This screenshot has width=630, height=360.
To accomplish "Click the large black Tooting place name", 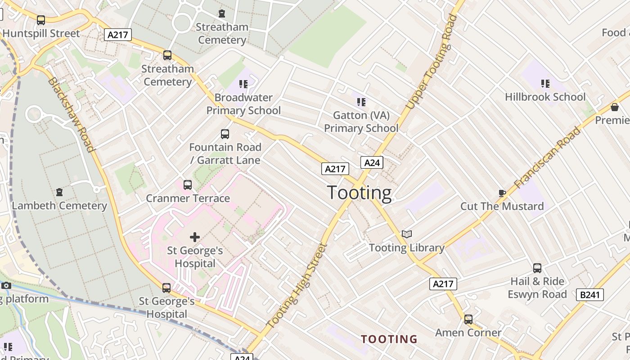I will [359, 193].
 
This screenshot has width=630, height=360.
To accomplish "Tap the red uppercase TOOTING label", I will [389, 339].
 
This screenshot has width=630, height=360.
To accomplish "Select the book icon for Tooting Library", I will [407, 234].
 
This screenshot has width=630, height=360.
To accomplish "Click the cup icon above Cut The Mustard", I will [502, 193].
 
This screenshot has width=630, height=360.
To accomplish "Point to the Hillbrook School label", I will [545, 97].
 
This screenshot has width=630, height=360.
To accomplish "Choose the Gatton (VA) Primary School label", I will [361, 121].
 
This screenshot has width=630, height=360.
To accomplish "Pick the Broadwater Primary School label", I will [243, 104].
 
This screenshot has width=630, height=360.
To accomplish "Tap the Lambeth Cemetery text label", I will [59, 206].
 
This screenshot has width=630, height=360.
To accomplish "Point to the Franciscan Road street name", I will [547, 157].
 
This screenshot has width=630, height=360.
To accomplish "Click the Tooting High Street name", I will [296, 285].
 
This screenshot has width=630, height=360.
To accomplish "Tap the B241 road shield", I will [589, 295].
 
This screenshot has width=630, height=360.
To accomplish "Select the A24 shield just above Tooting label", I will [372, 162].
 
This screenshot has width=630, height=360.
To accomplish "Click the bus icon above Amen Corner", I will [468, 319].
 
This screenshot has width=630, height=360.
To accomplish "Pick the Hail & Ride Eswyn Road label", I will [537, 288].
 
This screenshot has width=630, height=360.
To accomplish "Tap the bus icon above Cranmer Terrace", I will [188, 185].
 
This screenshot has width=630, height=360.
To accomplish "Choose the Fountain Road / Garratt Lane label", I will [225, 153].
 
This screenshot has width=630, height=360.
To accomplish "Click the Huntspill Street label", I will [41, 33].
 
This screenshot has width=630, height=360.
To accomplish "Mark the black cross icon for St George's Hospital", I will [195, 237].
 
